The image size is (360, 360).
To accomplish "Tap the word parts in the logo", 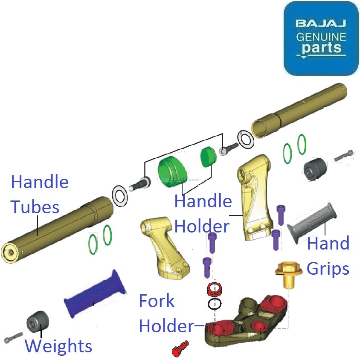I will tap(321, 47).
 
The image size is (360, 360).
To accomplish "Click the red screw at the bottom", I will tap(180, 348).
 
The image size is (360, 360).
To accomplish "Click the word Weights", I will tap(58, 345).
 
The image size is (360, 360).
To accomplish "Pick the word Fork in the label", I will tap(157, 301).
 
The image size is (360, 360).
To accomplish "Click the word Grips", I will tap(328, 269).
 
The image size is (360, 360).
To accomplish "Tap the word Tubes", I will tap(35, 207).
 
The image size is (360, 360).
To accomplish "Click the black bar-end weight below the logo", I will tap(314, 168).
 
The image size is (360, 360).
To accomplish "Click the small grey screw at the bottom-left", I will tap(12, 337).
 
